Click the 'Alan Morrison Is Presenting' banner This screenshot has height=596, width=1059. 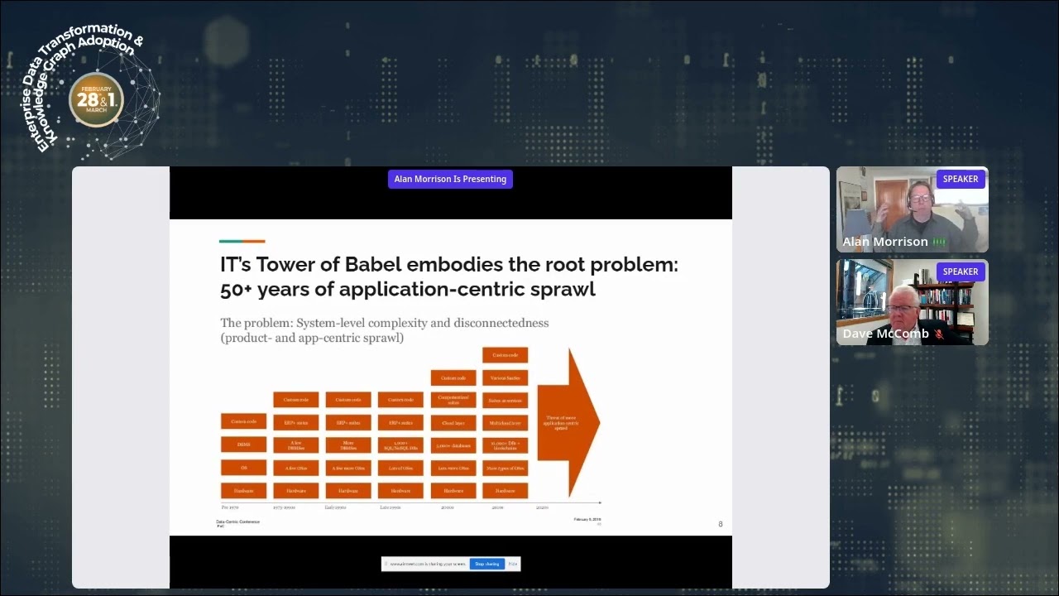pyautogui.click(x=450, y=179)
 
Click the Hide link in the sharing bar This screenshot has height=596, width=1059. pyautogui.click(x=513, y=564)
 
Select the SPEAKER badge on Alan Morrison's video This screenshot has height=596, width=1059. pyautogui.click(x=961, y=179)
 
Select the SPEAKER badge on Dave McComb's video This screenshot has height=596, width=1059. pyautogui.click(x=961, y=272)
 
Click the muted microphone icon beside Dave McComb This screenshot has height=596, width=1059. pyautogui.click(x=939, y=334)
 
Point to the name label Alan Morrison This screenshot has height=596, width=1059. pyautogui.click(x=884, y=242)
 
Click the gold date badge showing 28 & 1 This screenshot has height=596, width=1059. pyautogui.click(x=97, y=100)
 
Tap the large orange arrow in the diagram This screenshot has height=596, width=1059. pyautogui.click(x=568, y=423)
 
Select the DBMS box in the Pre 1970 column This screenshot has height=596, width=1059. pyautogui.click(x=243, y=445)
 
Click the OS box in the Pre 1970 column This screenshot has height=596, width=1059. pyautogui.click(x=243, y=468)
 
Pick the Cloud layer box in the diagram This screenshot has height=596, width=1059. pyautogui.click(x=453, y=423)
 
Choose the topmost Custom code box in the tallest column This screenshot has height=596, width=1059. pyautogui.click(x=505, y=355)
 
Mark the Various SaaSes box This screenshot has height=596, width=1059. pyautogui.click(x=505, y=378)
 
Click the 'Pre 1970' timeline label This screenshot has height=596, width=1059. pyautogui.click(x=229, y=506)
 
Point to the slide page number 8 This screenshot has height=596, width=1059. pyautogui.click(x=720, y=524)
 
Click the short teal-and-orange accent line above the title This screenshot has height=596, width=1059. pyautogui.click(x=242, y=242)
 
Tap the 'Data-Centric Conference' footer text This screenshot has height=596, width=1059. pyautogui.click(x=237, y=521)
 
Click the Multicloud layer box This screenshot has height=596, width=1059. pyautogui.click(x=505, y=423)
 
